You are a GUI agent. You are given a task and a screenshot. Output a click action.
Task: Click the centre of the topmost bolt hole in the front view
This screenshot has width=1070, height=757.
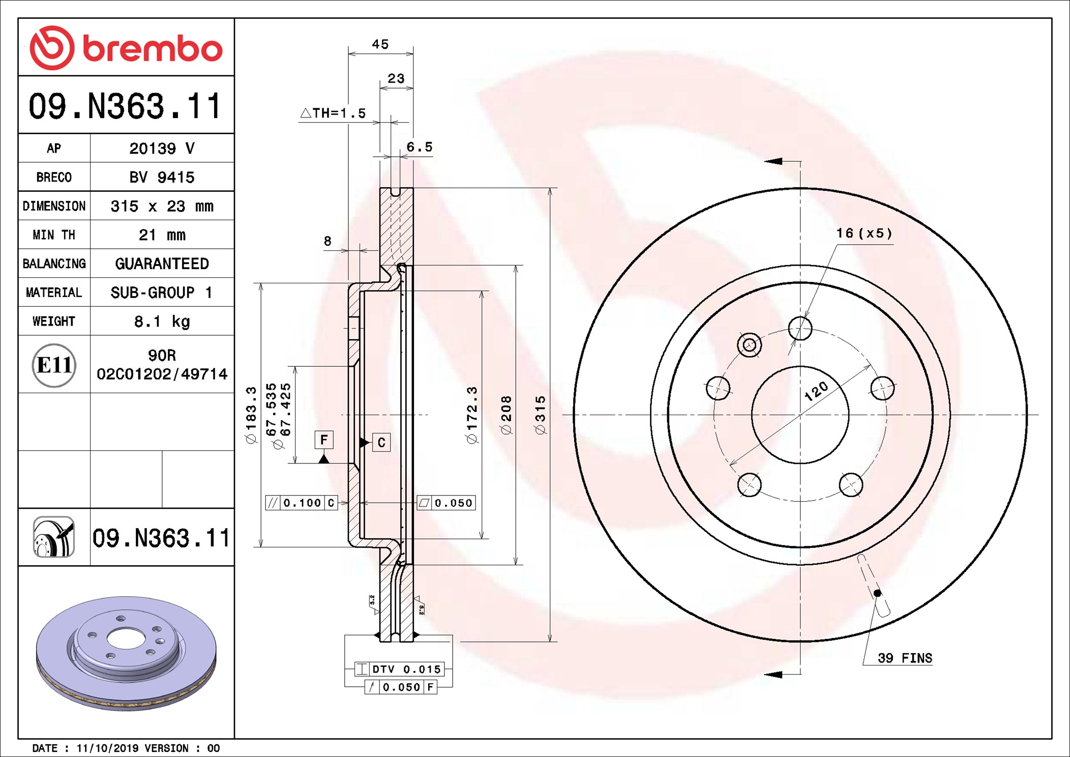pyautogui.click(x=800, y=328)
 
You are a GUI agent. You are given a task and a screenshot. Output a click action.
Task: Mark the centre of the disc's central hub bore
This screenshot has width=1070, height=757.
pyautogui.click(x=800, y=415)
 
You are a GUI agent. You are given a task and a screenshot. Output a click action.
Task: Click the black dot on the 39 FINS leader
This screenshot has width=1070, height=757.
pyautogui.click(x=877, y=593)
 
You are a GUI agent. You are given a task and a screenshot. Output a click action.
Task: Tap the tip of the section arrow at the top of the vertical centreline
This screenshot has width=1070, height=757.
pyautogui.click(x=765, y=161)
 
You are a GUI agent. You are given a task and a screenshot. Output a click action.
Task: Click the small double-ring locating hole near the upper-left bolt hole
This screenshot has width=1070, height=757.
pyautogui.click(x=749, y=345)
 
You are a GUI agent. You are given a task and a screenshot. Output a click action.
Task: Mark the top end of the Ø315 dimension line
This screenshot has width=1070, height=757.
pyautogui.click(x=550, y=188)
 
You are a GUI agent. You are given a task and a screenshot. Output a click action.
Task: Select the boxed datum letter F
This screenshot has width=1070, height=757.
pyautogui.click(x=324, y=440)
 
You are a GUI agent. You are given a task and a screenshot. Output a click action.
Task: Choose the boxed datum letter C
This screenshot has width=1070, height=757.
pyautogui.click(x=381, y=443)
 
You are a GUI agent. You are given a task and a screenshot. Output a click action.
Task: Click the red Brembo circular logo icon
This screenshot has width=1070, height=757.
pyautogui.click(x=52, y=48)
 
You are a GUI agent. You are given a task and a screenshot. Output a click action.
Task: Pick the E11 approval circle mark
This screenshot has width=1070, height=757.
pyautogui.click(x=54, y=365)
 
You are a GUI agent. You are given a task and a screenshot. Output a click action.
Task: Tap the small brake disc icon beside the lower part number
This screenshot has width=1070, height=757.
pyautogui.click(x=54, y=537)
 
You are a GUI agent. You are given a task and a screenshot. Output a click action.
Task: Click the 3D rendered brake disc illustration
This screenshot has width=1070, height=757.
pyautogui.click(x=126, y=653)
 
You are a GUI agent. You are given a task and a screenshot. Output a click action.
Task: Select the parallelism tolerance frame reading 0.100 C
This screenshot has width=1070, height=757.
pyautogui.click(x=302, y=503)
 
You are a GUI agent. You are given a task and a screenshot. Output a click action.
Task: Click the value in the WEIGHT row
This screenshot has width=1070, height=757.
pyautogui.click(x=162, y=322)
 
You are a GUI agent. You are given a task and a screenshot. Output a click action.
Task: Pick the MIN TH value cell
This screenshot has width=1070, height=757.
pyautogui.click(x=162, y=235)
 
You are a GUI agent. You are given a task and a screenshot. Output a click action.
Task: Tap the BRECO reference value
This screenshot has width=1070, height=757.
pyautogui.click(x=162, y=177)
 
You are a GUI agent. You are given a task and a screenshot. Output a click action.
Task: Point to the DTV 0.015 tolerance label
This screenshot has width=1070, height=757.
pyautogui.click(x=400, y=669)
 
